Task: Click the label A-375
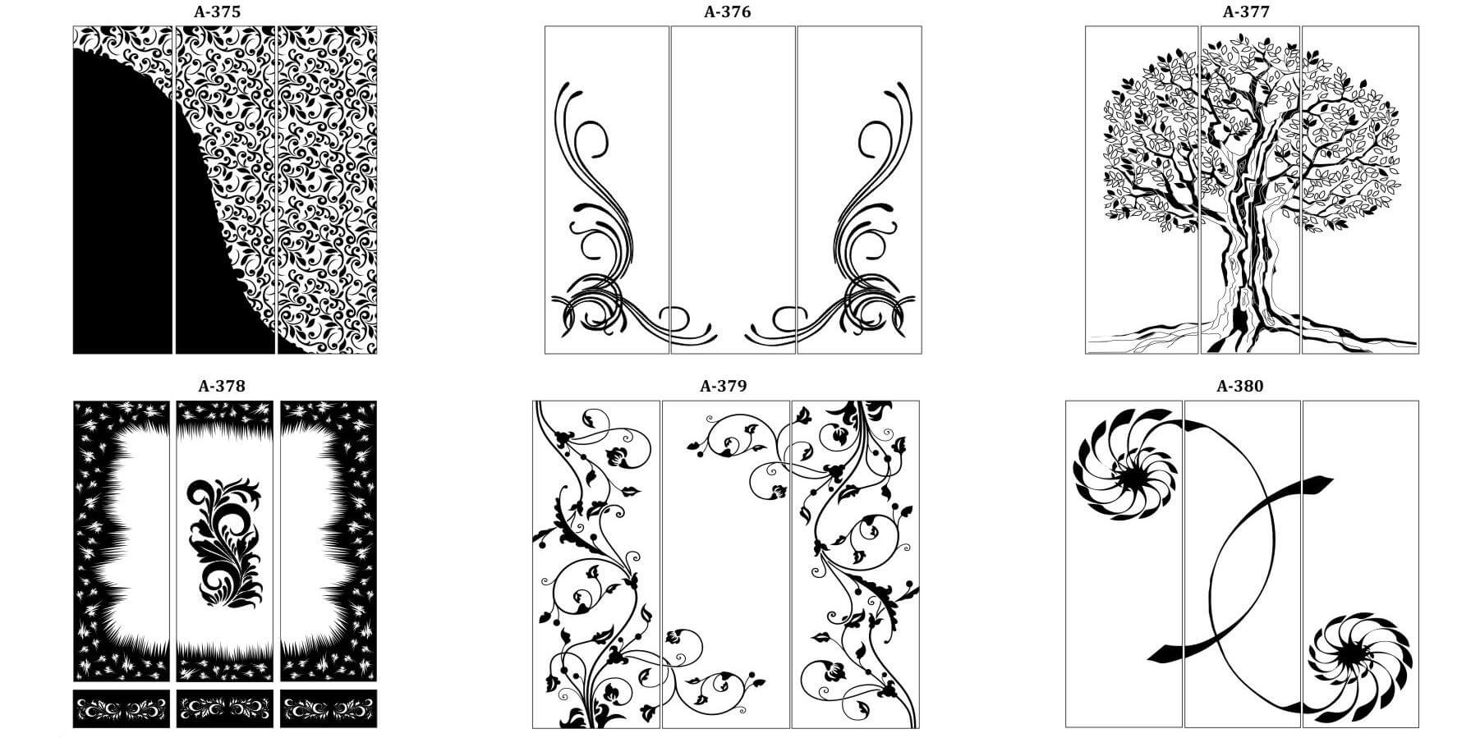[218, 11]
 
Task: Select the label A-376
[727, 11]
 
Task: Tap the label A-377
[1246, 11]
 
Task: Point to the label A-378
[222, 386]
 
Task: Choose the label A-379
[724, 386]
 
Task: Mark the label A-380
[1239, 386]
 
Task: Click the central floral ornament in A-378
[224, 542]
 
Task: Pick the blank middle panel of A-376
[733, 190]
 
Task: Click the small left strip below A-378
[122, 708]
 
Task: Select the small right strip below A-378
[329, 708]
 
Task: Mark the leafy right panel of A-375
[327, 190]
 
